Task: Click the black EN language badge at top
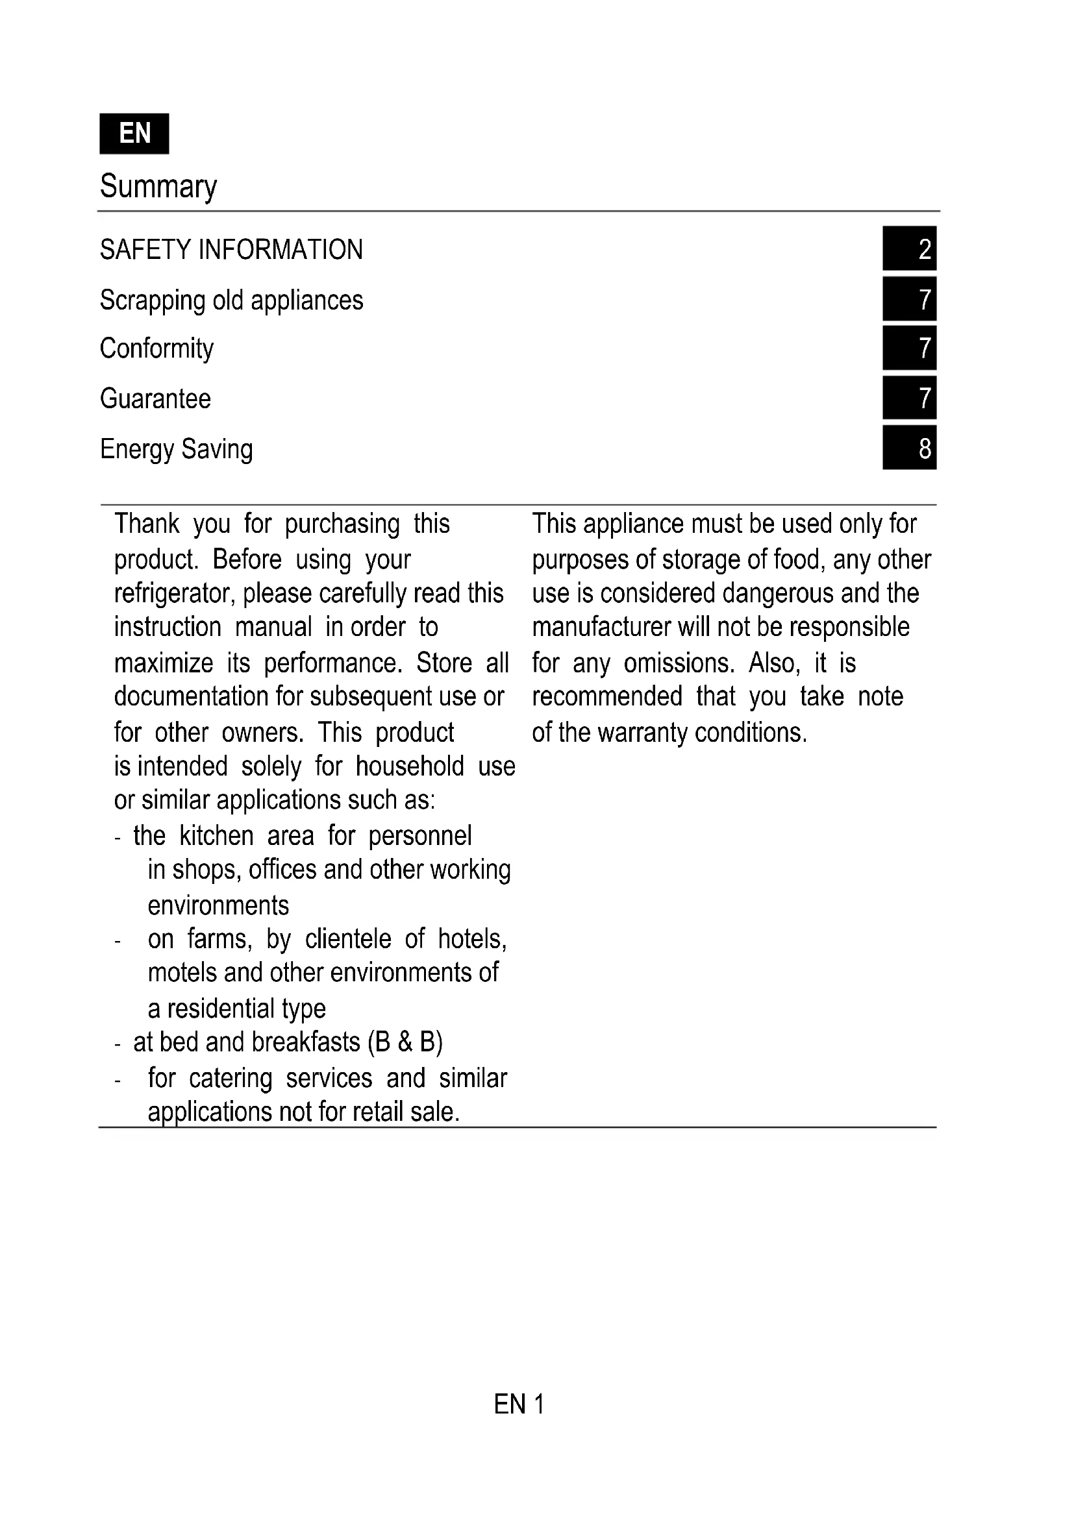click(x=134, y=134)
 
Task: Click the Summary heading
click(x=158, y=186)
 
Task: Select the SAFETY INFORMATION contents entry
click(x=231, y=250)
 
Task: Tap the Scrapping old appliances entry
click(x=231, y=300)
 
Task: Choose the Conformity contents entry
click(x=156, y=349)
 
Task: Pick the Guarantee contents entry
click(x=155, y=398)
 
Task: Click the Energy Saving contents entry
click(x=176, y=449)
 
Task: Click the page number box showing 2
click(x=909, y=249)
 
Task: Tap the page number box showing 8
click(x=909, y=448)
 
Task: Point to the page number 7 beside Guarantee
click(x=909, y=397)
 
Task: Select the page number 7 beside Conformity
click(x=909, y=348)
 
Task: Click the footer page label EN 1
click(x=519, y=1404)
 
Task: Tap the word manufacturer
click(x=601, y=627)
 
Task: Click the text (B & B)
click(x=408, y=1042)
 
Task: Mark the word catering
click(x=230, y=1079)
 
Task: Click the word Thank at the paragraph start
click(x=147, y=524)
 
